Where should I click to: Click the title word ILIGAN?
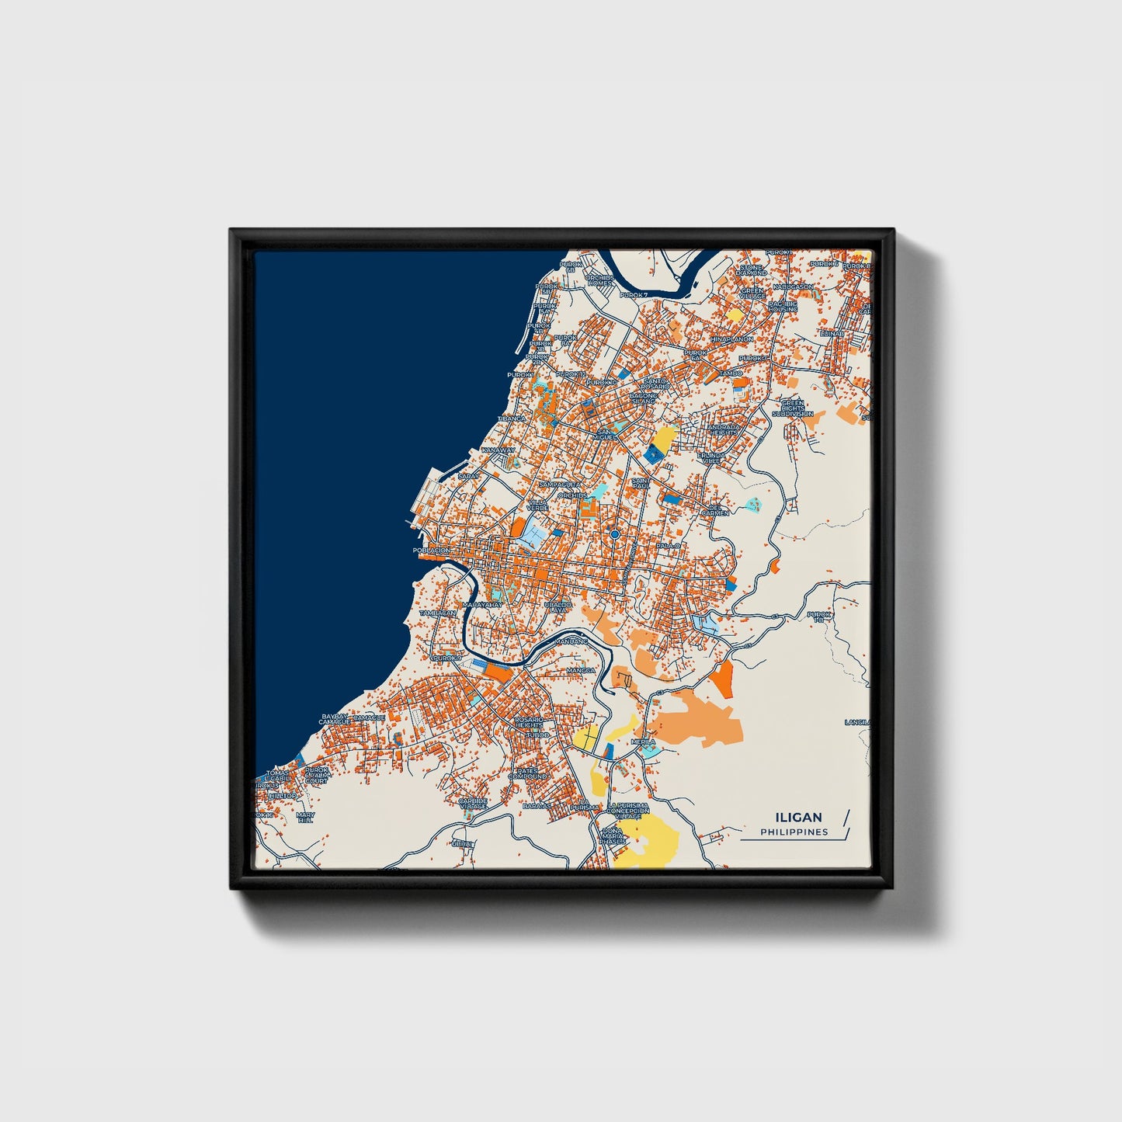pyautogui.click(x=797, y=817)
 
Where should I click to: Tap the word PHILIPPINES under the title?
pyautogui.click(x=794, y=832)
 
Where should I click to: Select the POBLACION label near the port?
pyautogui.click(x=432, y=551)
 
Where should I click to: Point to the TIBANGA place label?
pyautogui.click(x=512, y=419)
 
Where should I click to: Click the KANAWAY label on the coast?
pyautogui.click(x=498, y=450)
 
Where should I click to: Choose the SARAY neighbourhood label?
pyautogui.click(x=469, y=476)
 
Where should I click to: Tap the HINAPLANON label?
pyautogui.click(x=731, y=339)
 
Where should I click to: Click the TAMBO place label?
pyautogui.click(x=731, y=373)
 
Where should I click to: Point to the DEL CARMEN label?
pyautogui.click(x=715, y=510)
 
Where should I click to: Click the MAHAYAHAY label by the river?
pyautogui.click(x=482, y=604)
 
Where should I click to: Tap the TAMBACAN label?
pyautogui.click(x=438, y=613)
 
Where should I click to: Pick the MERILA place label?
pyautogui.click(x=643, y=742)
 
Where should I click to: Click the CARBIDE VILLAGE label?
pyautogui.click(x=472, y=803)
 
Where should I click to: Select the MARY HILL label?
pyautogui.click(x=305, y=817)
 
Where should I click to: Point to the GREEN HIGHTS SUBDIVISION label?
pyautogui.click(x=792, y=408)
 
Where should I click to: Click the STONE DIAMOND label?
pyautogui.click(x=751, y=270)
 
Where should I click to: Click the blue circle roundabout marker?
pyautogui.click(x=614, y=534)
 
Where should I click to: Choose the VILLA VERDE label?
pyautogui.click(x=537, y=505)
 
